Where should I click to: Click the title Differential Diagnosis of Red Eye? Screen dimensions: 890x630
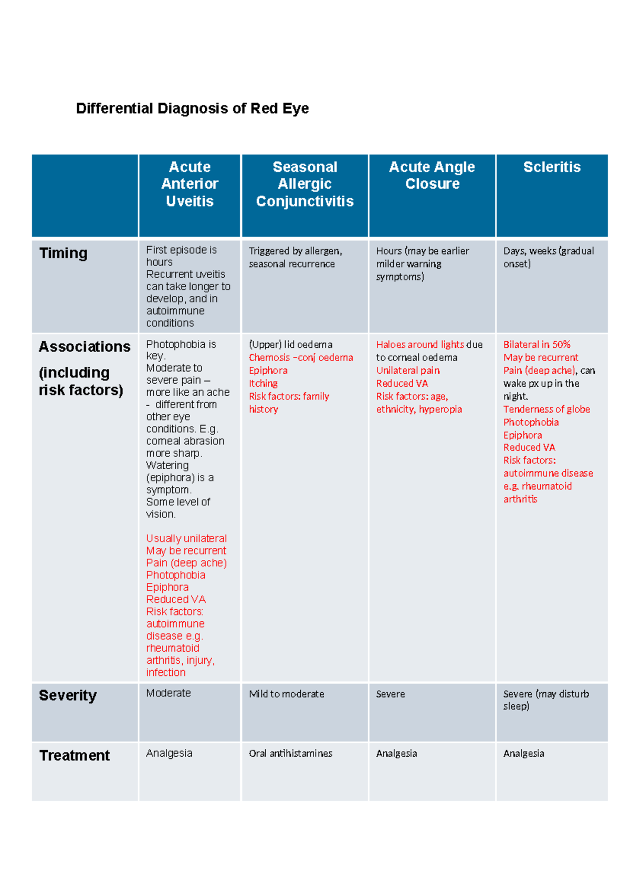click(192, 109)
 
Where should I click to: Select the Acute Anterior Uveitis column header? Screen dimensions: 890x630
click(190, 184)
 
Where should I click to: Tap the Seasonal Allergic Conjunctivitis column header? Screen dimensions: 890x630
click(304, 184)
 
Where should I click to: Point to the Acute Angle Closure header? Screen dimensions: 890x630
click(432, 175)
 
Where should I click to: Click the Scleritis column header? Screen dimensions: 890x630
click(552, 167)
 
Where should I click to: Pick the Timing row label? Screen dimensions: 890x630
click(64, 253)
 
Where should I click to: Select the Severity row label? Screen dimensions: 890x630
click(68, 695)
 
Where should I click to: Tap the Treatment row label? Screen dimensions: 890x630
click(75, 755)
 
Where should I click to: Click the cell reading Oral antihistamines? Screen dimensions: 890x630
click(290, 754)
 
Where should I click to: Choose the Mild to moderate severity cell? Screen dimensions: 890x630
click(286, 694)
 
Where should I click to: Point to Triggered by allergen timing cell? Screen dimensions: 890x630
click(295, 257)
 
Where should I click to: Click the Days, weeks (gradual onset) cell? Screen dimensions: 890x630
click(549, 257)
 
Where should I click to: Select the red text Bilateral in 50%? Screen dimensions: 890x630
click(537, 344)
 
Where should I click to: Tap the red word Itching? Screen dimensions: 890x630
click(263, 384)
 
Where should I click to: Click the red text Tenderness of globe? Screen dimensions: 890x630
click(547, 409)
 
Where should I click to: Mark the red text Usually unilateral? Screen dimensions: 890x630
click(186, 538)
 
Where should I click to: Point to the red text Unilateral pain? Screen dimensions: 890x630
click(408, 370)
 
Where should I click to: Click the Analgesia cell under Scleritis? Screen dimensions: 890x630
click(523, 754)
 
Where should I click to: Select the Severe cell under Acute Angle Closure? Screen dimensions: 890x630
click(390, 694)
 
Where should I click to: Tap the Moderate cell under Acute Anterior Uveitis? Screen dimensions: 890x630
click(169, 693)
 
